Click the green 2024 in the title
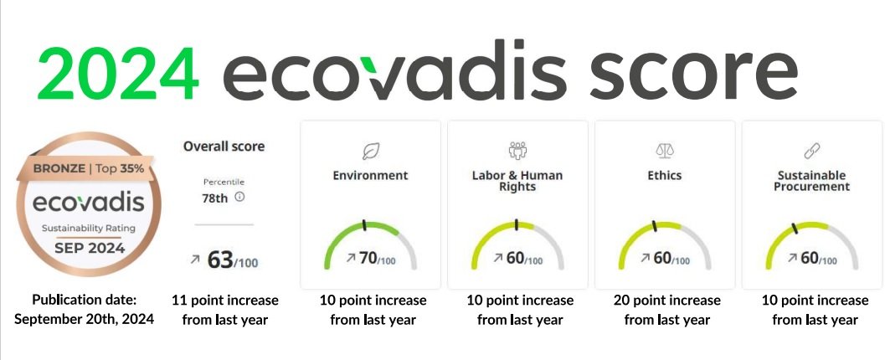tap(119, 74)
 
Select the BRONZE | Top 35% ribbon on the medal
tap(88, 168)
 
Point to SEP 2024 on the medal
tap(90, 248)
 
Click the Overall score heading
tap(224, 147)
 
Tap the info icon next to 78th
tap(239, 197)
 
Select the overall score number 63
tap(220, 260)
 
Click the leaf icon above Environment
tap(370, 152)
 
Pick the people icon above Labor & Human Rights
tap(517, 150)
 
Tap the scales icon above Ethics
tap(664, 151)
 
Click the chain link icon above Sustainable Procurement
tap(811, 151)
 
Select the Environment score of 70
tap(368, 259)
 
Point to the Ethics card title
tap(664, 176)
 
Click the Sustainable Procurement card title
tap(811, 181)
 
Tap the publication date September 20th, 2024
tap(84, 319)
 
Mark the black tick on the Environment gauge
tap(364, 225)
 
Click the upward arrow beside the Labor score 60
tap(498, 258)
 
